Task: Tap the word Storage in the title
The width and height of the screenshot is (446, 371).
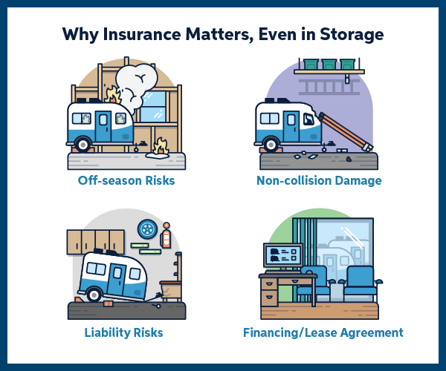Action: pyautogui.click(x=350, y=34)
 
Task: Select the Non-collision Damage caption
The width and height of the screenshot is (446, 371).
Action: pyautogui.click(x=319, y=180)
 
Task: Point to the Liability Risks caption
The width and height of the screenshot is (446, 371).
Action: pyautogui.click(x=123, y=332)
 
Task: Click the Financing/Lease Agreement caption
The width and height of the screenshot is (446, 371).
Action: pyautogui.click(x=323, y=332)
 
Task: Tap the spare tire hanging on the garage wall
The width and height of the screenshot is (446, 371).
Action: pyautogui.click(x=149, y=228)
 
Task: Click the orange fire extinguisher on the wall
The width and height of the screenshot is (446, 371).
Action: pyautogui.click(x=166, y=237)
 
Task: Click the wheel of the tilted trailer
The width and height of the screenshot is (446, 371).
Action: pyautogui.click(x=94, y=294)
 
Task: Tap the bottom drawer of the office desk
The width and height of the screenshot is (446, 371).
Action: pyautogui.click(x=268, y=298)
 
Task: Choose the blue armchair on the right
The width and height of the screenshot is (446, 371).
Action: pyautogui.click(x=362, y=280)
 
